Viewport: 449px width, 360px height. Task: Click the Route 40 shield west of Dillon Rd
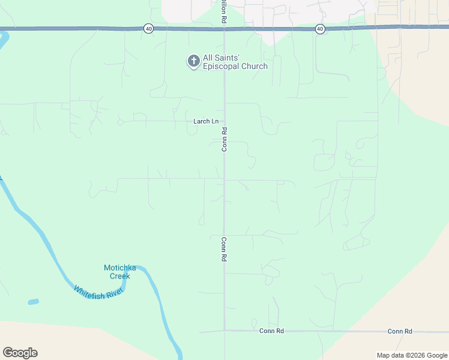click(148, 28)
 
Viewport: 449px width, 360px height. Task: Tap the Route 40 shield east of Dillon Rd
click(319, 28)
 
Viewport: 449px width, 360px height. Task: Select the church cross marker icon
click(193, 61)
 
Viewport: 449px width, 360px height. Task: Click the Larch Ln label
click(206, 121)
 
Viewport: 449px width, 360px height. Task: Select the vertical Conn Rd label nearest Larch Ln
click(224, 139)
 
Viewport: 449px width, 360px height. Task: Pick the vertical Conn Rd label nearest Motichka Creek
click(224, 249)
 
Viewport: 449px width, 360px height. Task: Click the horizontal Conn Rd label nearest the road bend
click(271, 331)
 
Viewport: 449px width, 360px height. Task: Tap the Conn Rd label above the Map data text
click(400, 331)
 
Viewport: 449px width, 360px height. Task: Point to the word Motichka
click(121, 268)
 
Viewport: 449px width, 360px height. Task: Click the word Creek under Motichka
click(119, 276)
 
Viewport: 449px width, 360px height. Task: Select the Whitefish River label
click(98, 292)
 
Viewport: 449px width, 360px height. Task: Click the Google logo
click(20, 353)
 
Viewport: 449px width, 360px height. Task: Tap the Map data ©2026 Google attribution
click(412, 355)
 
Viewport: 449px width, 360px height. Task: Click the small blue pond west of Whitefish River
click(34, 302)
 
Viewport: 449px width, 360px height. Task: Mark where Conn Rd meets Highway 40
click(224, 28)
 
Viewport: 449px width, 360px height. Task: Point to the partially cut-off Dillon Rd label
click(223, 11)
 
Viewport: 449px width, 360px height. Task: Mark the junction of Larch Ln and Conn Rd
click(224, 121)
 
